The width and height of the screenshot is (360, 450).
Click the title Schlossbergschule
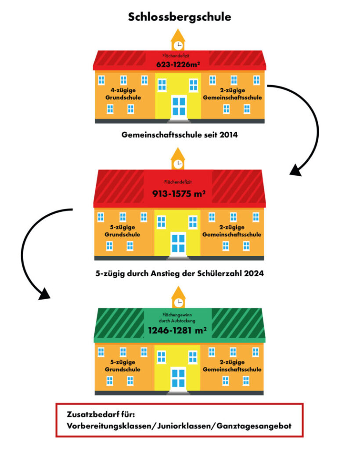(x=180, y=17)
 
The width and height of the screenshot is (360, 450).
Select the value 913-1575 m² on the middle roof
(x=178, y=193)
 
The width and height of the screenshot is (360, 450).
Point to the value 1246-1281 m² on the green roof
(x=178, y=330)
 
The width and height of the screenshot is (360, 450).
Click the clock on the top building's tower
(x=178, y=45)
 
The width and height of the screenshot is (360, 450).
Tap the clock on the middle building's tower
(x=178, y=163)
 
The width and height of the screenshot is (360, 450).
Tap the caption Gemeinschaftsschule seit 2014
(x=180, y=135)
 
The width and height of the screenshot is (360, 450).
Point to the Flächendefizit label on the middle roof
(x=178, y=181)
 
